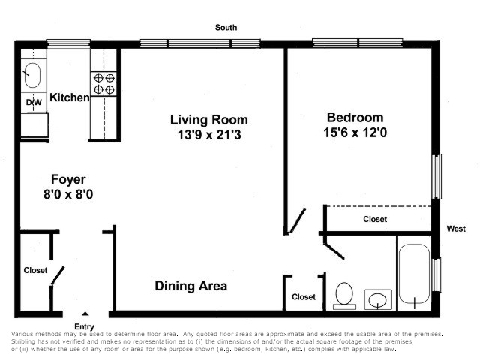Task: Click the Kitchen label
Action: tap(70, 97)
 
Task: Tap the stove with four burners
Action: tap(103, 83)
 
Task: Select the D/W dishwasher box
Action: tap(34, 102)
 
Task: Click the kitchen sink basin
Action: tap(32, 75)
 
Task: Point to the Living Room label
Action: tap(208, 120)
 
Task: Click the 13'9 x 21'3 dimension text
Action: tap(209, 135)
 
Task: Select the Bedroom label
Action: tap(355, 118)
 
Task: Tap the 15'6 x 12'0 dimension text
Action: tap(355, 133)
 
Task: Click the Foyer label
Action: tap(68, 180)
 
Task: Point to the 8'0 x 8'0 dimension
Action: tap(68, 194)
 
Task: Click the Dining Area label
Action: tap(191, 286)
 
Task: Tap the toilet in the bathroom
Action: tap(344, 295)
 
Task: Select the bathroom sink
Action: tap(378, 299)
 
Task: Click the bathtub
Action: tap(414, 274)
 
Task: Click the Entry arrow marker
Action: tap(85, 313)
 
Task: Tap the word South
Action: tap(226, 28)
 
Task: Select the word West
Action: tap(456, 229)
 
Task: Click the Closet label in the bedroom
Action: tap(375, 219)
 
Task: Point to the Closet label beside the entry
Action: tap(35, 270)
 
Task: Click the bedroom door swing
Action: tap(297, 221)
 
